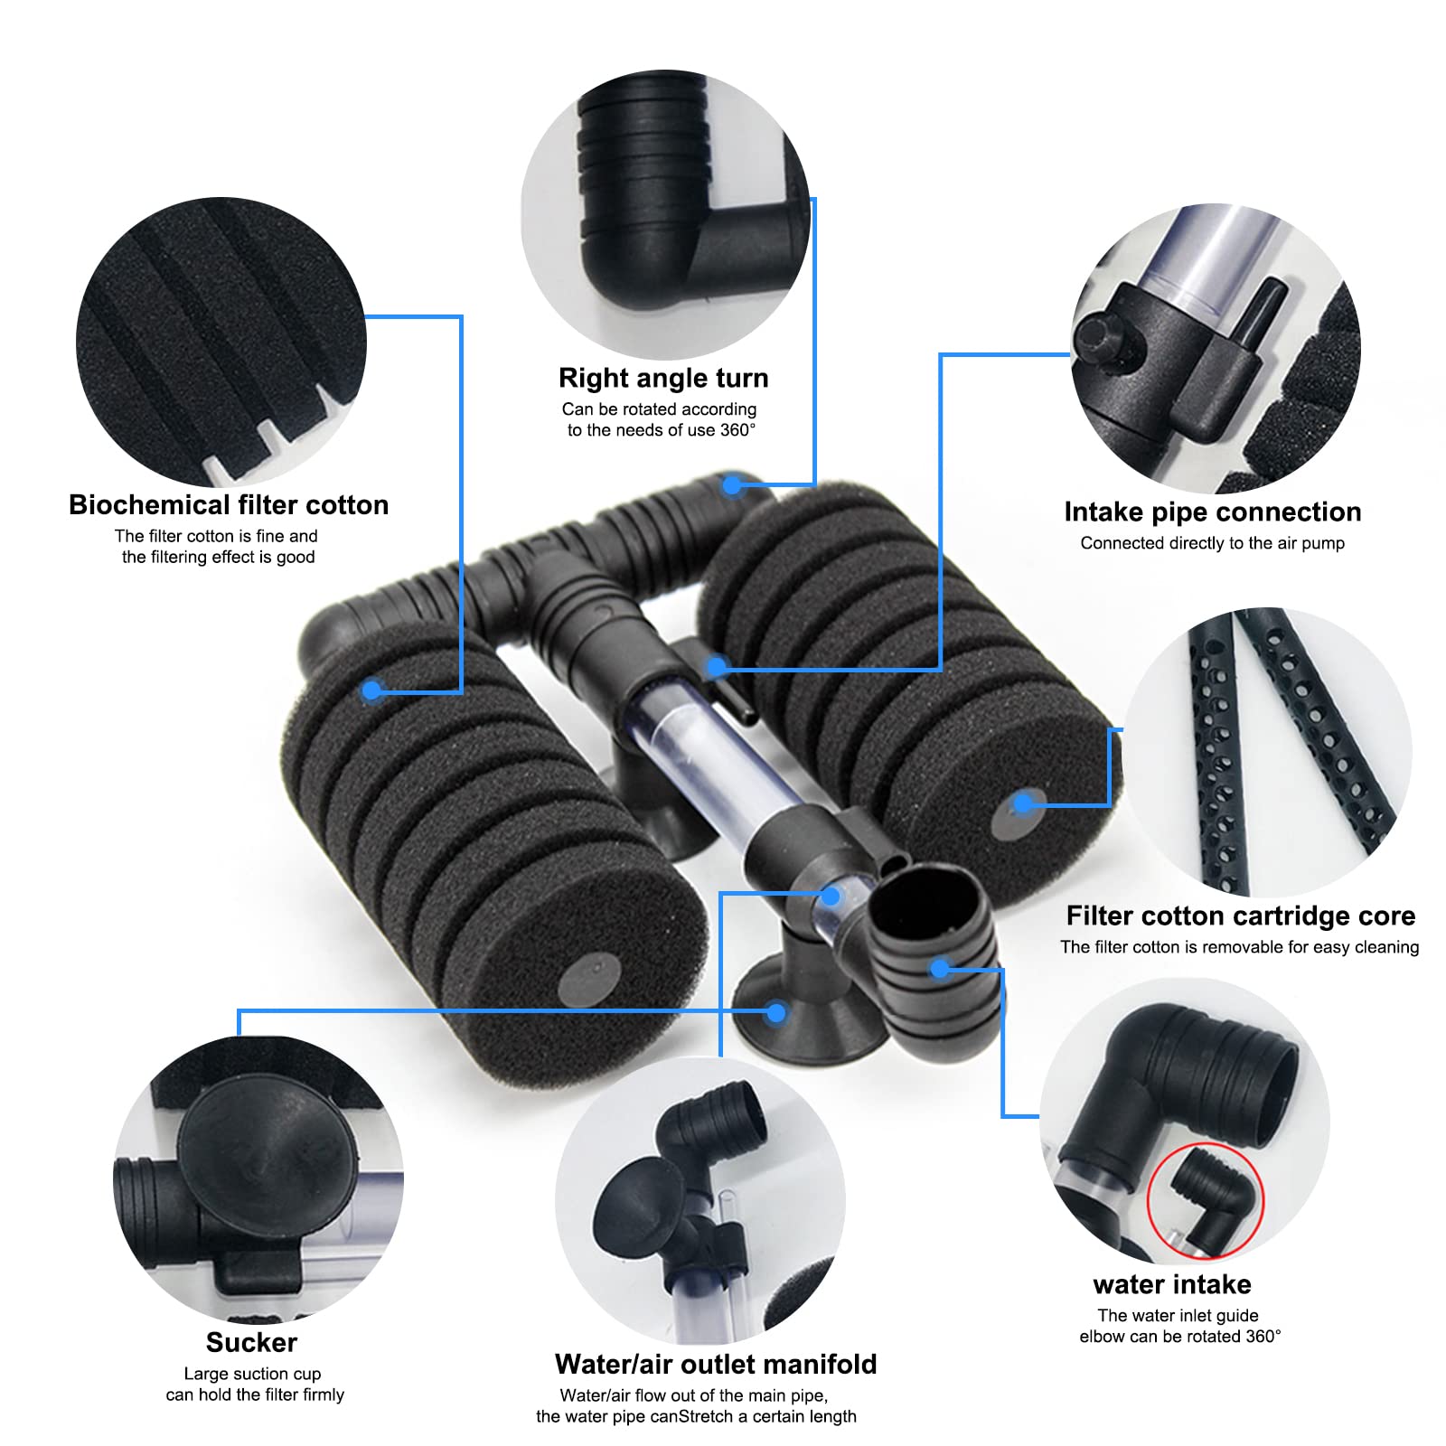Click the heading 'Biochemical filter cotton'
(229, 504)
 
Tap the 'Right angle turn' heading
(663, 378)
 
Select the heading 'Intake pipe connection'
(1212, 512)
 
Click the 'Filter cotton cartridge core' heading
(1240, 915)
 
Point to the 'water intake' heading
(1171, 1284)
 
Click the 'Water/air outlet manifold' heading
(716, 1364)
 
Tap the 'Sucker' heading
(251, 1343)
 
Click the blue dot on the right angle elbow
(732, 486)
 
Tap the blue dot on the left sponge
(371, 691)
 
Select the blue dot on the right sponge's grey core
(1023, 803)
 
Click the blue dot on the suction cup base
(775, 1013)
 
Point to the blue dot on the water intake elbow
(940, 969)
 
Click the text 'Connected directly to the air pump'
(1212, 543)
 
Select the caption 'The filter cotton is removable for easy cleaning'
(1239, 947)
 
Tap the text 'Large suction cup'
(252, 1374)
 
